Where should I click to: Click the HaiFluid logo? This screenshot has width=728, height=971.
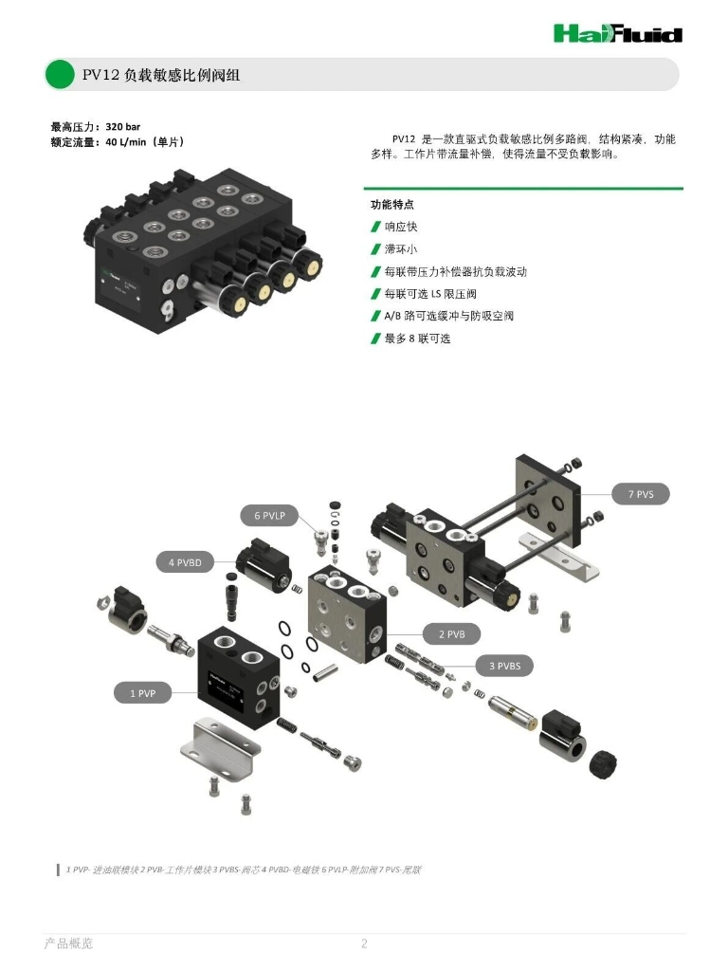coord(617,34)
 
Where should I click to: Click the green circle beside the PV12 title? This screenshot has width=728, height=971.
coord(60,74)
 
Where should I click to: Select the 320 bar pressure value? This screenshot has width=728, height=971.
coord(123,126)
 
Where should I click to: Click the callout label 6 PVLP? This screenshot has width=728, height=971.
coord(269,516)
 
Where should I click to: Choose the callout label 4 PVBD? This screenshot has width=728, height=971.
coord(185,562)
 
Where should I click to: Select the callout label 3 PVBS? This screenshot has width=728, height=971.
coord(504,666)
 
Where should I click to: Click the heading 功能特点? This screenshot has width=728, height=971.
coord(391,204)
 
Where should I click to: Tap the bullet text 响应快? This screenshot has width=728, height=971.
coord(401,227)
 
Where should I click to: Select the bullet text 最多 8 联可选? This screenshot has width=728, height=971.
coord(418,339)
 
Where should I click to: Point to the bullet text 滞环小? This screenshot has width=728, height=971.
coord(401,249)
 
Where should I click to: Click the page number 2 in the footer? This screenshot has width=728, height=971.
coord(363,943)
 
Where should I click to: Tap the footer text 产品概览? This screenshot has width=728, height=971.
coord(69,943)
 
